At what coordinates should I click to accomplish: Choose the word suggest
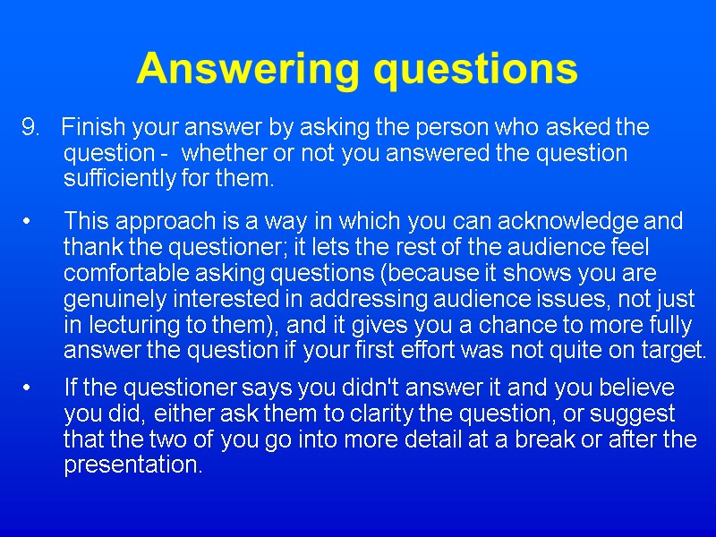coord(640,415)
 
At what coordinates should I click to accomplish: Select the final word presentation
coord(133,466)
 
